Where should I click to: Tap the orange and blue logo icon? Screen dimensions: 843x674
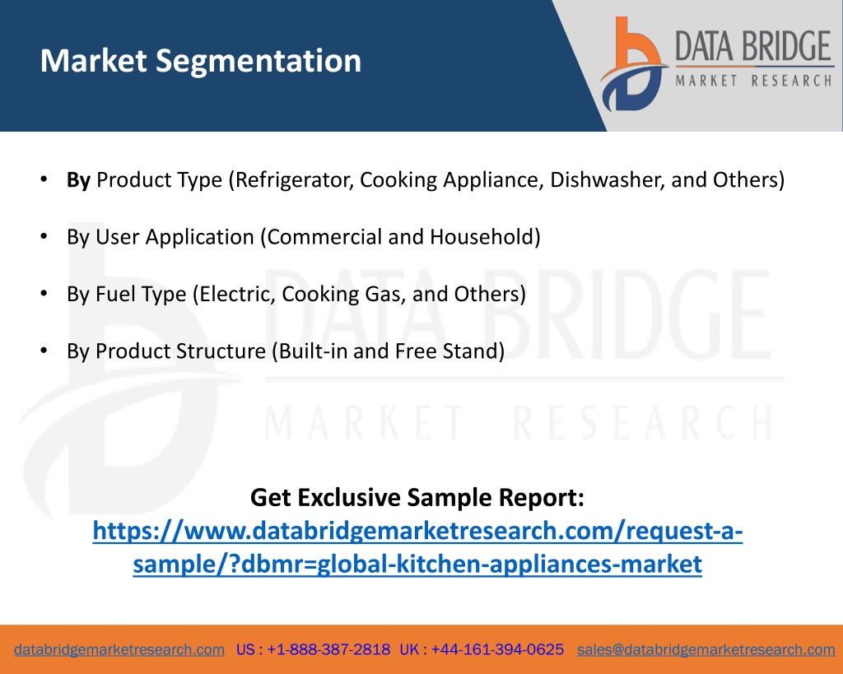(x=633, y=64)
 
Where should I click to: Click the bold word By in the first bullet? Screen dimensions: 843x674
(x=78, y=180)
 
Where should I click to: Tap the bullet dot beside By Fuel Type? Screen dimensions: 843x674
(x=44, y=294)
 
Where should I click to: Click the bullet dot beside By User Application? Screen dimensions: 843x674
(x=44, y=236)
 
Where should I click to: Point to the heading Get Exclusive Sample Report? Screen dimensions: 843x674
(x=417, y=497)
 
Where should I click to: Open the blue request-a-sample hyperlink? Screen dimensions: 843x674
(x=417, y=547)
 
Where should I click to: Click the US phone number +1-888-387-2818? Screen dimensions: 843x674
(x=328, y=649)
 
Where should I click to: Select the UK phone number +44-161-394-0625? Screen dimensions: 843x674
(x=497, y=649)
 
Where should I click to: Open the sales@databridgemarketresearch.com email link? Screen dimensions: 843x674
(x=706, y=650)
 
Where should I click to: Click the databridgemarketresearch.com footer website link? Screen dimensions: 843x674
(x=119, y=650)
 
